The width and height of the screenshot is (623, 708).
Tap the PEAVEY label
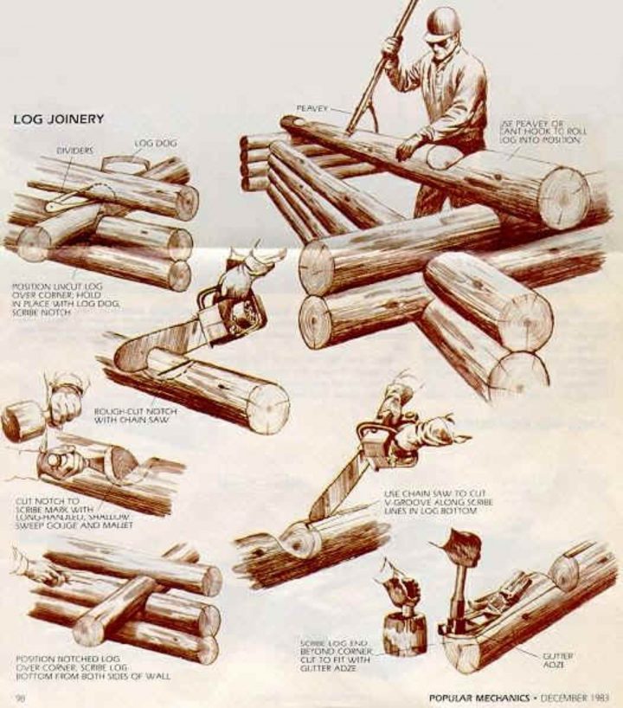click(x=311, y=108)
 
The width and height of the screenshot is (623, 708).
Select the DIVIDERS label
click(x=74, y=150)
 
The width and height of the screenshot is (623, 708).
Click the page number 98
click(x=19, y=697)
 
